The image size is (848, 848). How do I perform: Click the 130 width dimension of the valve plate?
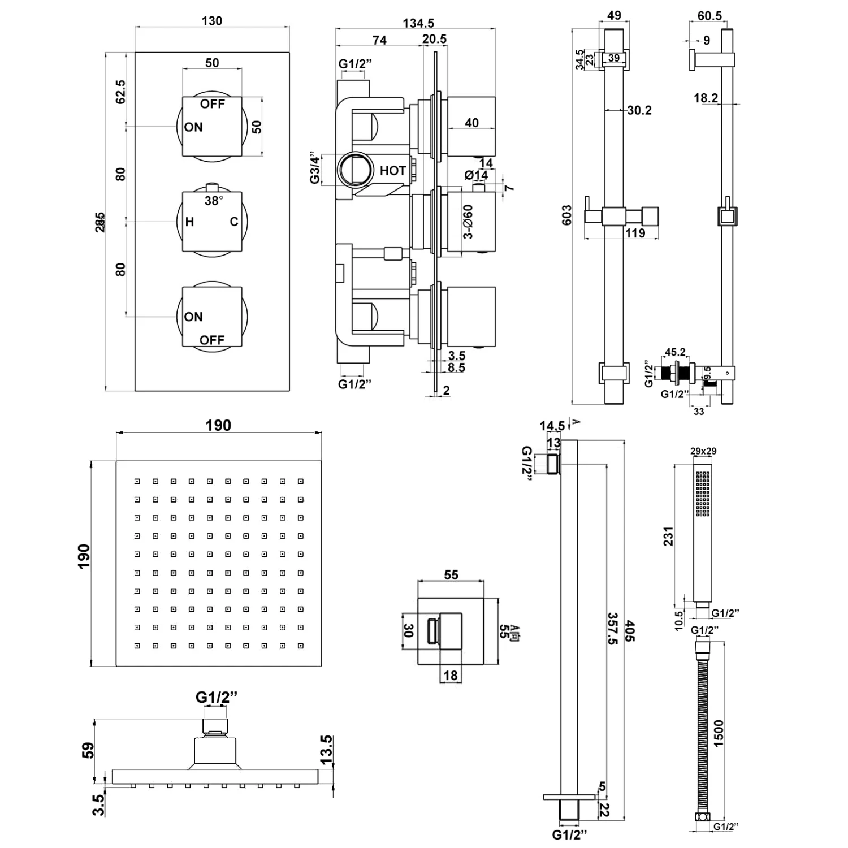tap(212, 21)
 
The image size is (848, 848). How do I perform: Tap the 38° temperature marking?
tap(214, 201)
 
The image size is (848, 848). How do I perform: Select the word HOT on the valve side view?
tap(393, 171)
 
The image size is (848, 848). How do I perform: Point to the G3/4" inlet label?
tap(315, 168)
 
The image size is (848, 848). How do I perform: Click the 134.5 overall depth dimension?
tap(418, 23)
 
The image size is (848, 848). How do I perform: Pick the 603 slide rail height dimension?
tap(566, 215)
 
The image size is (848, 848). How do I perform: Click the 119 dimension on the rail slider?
tap(635, 233)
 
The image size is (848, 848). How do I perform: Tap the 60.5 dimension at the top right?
tap(709, 15)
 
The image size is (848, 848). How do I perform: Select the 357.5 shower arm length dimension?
tap(612, 628)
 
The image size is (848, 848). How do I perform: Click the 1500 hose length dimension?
tap(718, 733)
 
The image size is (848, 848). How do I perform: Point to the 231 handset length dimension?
tap(669, 536)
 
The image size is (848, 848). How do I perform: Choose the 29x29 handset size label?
tap(703, 451)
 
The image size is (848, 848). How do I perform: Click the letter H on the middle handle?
tap(189, 222)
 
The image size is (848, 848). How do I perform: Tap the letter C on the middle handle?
tap(234, 222)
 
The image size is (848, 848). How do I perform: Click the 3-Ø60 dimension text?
tap(468, 222)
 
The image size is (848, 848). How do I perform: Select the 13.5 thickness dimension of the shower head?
tap(326, 750)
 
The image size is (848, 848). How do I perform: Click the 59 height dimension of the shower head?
tap(88, 750)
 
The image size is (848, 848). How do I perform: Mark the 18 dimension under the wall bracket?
tap(451, 675)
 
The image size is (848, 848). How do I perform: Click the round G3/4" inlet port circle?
tap(355, 170)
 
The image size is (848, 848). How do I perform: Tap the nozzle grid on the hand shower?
tap(703, 494)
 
